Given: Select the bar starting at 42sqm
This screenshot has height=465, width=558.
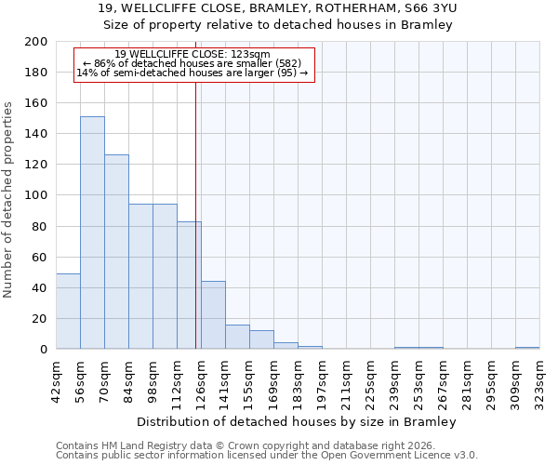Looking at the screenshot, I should coord(68,312).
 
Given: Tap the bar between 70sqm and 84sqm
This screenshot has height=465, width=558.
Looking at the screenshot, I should coord(116,252).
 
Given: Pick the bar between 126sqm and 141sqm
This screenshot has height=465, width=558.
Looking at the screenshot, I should coord(213,315).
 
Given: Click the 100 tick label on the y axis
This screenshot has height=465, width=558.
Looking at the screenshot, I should coord(37,195).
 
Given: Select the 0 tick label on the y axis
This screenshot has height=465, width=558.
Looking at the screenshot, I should coord(44,350).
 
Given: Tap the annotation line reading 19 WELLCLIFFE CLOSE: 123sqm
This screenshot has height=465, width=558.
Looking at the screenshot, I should coord(193,54).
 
